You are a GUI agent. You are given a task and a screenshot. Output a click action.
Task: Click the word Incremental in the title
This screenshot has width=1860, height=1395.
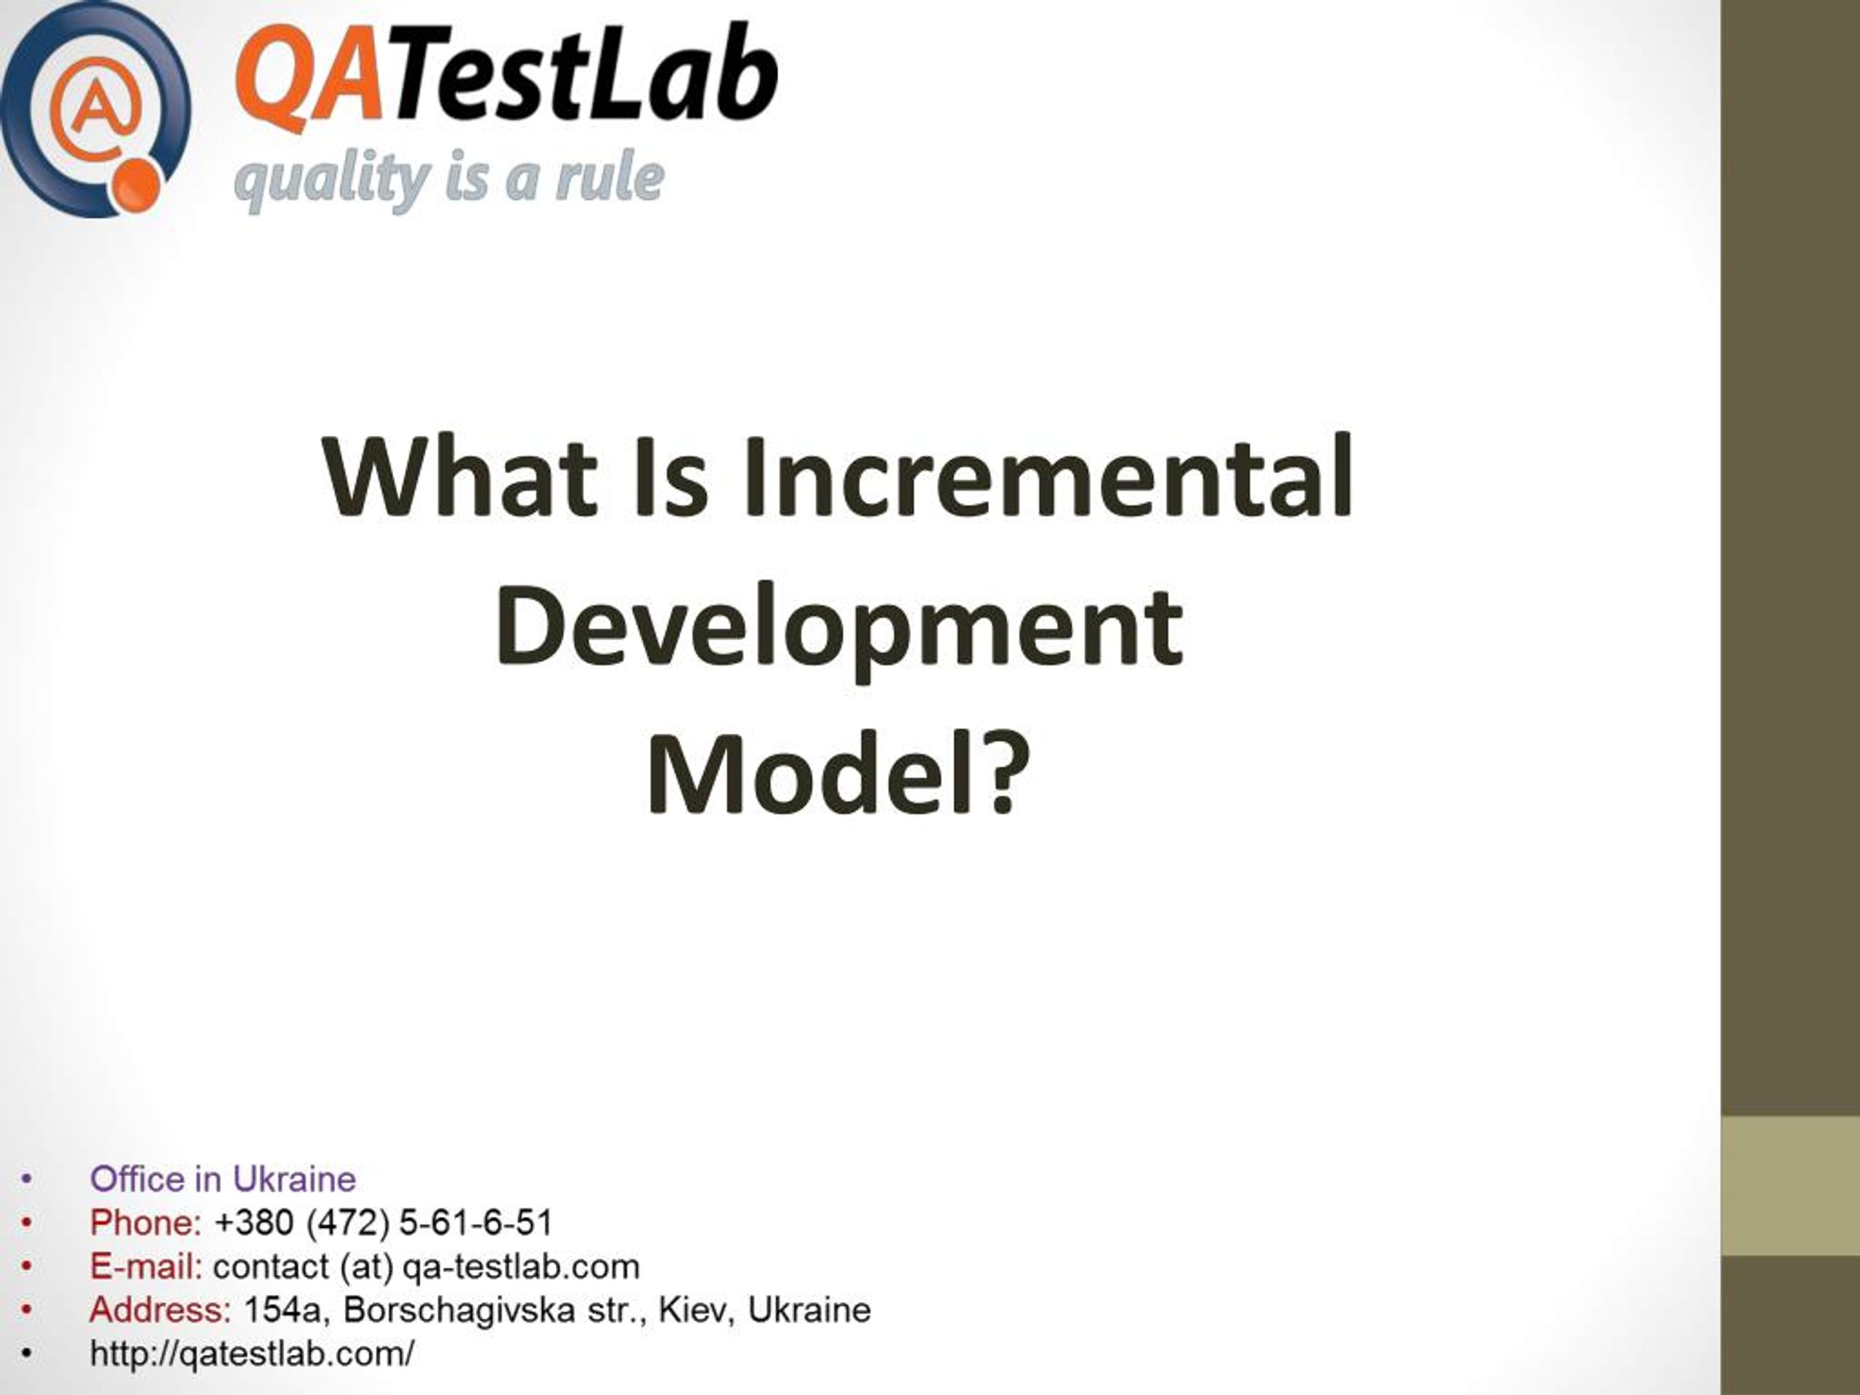(x=1049, y=477)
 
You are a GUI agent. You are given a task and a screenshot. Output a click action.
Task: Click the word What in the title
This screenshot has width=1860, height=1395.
(x=459, y=477)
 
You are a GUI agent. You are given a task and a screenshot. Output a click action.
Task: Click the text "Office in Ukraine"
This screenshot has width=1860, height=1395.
(x=223, y=1179)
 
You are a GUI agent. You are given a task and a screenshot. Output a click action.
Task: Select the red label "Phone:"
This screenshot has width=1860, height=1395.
(x=145, y=1223)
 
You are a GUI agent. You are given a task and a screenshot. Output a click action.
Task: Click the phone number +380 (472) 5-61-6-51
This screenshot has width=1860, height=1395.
(x=384, y=1223)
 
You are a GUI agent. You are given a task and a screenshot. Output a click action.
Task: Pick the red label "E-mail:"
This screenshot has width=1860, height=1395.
(x=146, y=1266)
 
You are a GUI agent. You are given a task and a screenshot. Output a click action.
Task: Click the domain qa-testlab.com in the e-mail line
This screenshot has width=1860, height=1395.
(x=522, y=1266)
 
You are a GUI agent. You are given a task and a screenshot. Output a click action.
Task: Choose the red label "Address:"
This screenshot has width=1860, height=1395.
(x=160, y=1310)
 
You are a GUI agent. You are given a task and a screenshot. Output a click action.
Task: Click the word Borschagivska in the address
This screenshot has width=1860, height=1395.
(x=459, y=1310)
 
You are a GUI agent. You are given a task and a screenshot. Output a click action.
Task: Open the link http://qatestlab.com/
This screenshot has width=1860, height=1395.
(x=252, y=1354)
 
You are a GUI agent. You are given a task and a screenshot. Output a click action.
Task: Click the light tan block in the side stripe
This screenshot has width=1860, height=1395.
(x=1790, y=1186)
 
